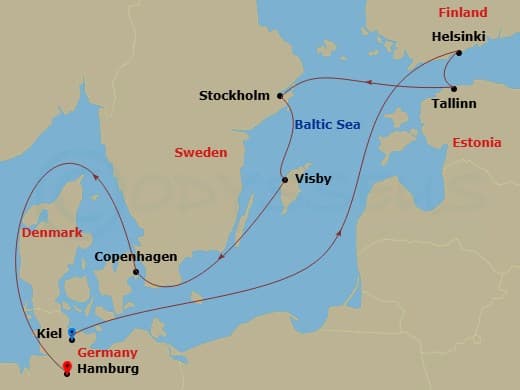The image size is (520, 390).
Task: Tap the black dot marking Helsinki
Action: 458,53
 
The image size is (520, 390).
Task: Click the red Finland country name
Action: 463,13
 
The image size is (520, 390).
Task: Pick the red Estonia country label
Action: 476,143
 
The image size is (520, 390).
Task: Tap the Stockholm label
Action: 234,96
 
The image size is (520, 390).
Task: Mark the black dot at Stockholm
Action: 280,96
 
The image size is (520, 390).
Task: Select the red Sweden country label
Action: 201,153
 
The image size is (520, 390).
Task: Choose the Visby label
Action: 313,180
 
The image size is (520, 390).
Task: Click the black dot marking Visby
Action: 285,180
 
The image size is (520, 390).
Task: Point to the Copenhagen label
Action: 135,257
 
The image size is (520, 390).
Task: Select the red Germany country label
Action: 105,353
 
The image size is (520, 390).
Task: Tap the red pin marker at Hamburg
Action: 67,366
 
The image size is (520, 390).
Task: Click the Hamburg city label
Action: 107,369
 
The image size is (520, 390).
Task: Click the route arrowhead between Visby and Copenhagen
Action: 220,263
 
